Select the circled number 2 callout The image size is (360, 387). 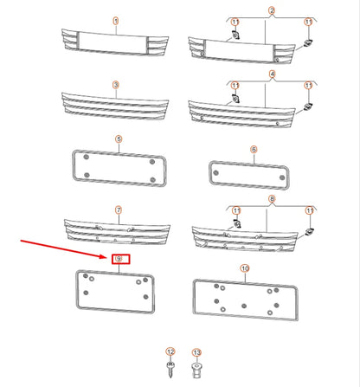pyautogui.click(x=247, y=11)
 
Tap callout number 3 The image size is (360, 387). pyautogui.click(x=115, y=85)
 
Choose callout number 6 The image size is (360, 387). pyautogui.click(x=254, y=149)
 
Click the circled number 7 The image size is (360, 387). pyautogui.click(x=118, y=210)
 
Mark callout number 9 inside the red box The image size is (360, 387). pyautogui.click(x=119, y=259)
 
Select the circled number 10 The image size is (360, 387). pyautogui.click(x=245, y=269)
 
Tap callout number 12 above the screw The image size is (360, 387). pyautogui.click(x=170, y=352)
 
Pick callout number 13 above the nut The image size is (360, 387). pyautogui.click(x=196, y=352)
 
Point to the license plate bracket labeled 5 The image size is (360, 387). pyautogui.click(x=116, y=166)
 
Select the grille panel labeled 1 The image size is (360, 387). pyautogui.click(x=106, y=42)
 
